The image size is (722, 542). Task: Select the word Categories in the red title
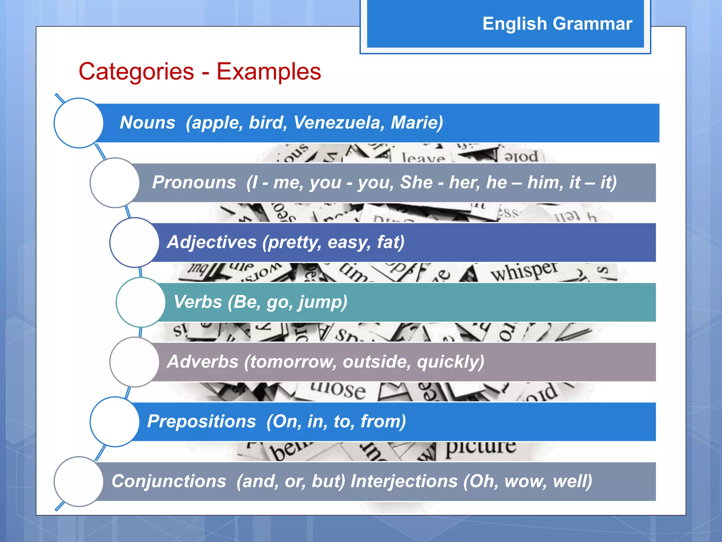[x=136, y=72]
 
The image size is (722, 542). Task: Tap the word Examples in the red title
[x=269, y=72]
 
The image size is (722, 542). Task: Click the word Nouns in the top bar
[x=147, y=123]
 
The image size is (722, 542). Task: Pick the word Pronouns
[x=194, y=182]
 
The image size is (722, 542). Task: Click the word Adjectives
[x=212, y=242]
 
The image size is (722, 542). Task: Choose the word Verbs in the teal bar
[x=198, y=302]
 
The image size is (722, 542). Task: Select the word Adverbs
[x=203, y=362]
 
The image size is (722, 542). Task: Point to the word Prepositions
[x=201, y=421]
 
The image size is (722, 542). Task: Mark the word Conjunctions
[x=169, y=481]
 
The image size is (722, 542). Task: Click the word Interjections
[x=404, y=481]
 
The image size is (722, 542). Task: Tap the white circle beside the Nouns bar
[x=79, y=123]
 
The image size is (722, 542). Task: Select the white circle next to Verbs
[x=141, y=302]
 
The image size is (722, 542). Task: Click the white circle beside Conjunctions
[x=79, y=481]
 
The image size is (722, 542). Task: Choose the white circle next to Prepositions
[x=115, y=422]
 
